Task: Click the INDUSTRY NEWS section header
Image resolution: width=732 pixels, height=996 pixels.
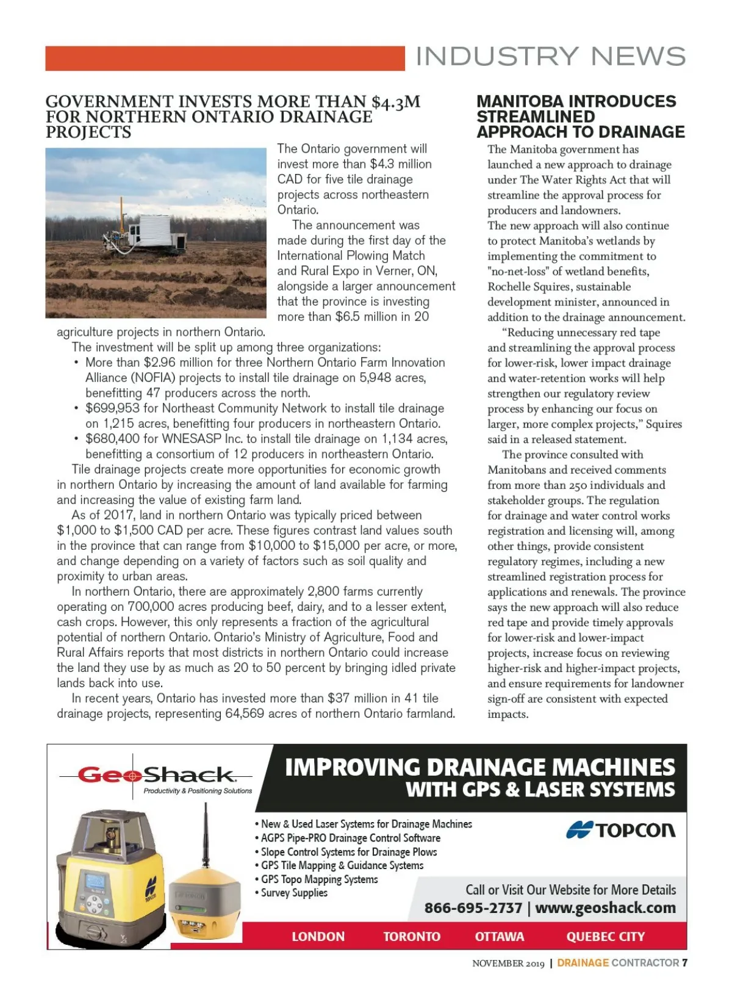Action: click(550, 57)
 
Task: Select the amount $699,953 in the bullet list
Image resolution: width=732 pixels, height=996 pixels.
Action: click(112, 408)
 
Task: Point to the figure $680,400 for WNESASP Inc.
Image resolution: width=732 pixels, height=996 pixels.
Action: click(112, 439)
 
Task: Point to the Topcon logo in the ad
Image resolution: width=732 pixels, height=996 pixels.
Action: click(620, 830)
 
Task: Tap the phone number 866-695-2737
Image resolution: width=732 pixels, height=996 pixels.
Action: click(473, 908)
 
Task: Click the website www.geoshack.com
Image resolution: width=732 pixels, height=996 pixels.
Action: click(605, 908)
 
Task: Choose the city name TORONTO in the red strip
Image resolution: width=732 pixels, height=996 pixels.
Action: click(412, 936)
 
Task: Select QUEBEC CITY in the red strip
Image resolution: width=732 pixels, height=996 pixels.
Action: click(605, 936)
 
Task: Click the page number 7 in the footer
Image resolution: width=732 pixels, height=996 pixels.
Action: click(685, 963)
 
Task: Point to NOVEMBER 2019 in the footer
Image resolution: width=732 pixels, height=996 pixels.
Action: click(508, 964)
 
